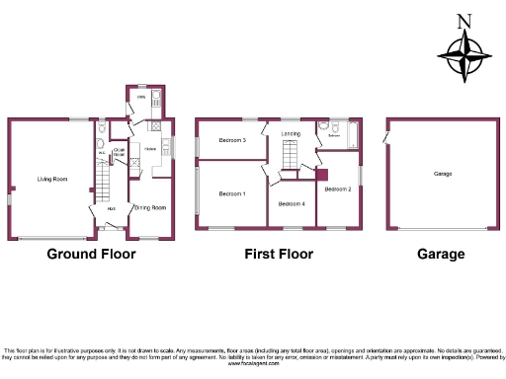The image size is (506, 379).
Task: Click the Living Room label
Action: (52, 179)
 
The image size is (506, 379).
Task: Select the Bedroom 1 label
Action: (232, 193)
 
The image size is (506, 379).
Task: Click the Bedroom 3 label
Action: (232, 141)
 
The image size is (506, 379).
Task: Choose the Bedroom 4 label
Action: (292, 203)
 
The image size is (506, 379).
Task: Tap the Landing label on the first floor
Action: (291, 132)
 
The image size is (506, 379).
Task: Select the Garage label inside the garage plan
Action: (443, 174)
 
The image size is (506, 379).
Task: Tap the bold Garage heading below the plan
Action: (440, 255)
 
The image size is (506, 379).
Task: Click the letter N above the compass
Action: (465, 21)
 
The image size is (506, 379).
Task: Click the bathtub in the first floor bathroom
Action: (348, 131)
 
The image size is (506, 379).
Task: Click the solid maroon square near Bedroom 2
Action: (321, 175)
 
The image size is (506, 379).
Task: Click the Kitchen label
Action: (150, 149)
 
